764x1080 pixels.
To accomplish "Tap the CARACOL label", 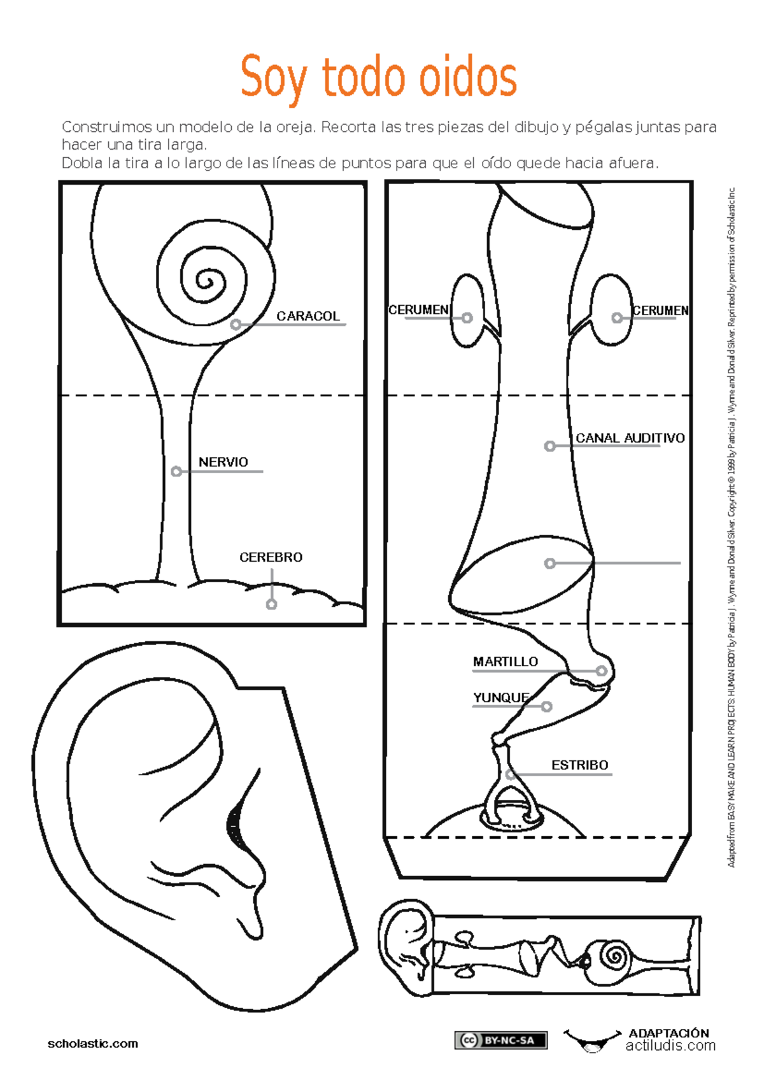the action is [x=308, y=316].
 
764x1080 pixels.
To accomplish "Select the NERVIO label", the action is [x=223, y=462].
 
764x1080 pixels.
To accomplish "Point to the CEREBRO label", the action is [x=271, y=557].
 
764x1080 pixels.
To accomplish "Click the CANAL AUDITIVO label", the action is [x=630, y=437].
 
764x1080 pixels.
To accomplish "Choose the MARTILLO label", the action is [x=505, y=662].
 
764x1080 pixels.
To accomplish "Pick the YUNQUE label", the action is [x=501, y=698].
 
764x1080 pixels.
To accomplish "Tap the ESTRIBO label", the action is [x=580, y=765].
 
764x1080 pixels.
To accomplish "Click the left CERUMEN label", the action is [x=418, y=309].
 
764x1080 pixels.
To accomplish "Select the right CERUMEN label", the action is [x=660, y=311].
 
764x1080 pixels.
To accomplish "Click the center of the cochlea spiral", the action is [x=206, y=281].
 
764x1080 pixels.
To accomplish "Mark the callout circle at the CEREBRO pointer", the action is [x=271, y=604].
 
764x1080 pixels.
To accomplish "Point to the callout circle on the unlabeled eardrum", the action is [x=549, y=563].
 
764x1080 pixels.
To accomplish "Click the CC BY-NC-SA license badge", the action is [x=501, y=1040].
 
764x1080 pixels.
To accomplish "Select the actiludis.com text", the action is [x=670, y=1045].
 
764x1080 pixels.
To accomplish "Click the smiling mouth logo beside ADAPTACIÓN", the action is [x=592, y=1041].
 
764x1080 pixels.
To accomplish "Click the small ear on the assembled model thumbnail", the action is [x=405, y=946].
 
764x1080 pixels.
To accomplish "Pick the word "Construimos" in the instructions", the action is [x=106, y=127].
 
